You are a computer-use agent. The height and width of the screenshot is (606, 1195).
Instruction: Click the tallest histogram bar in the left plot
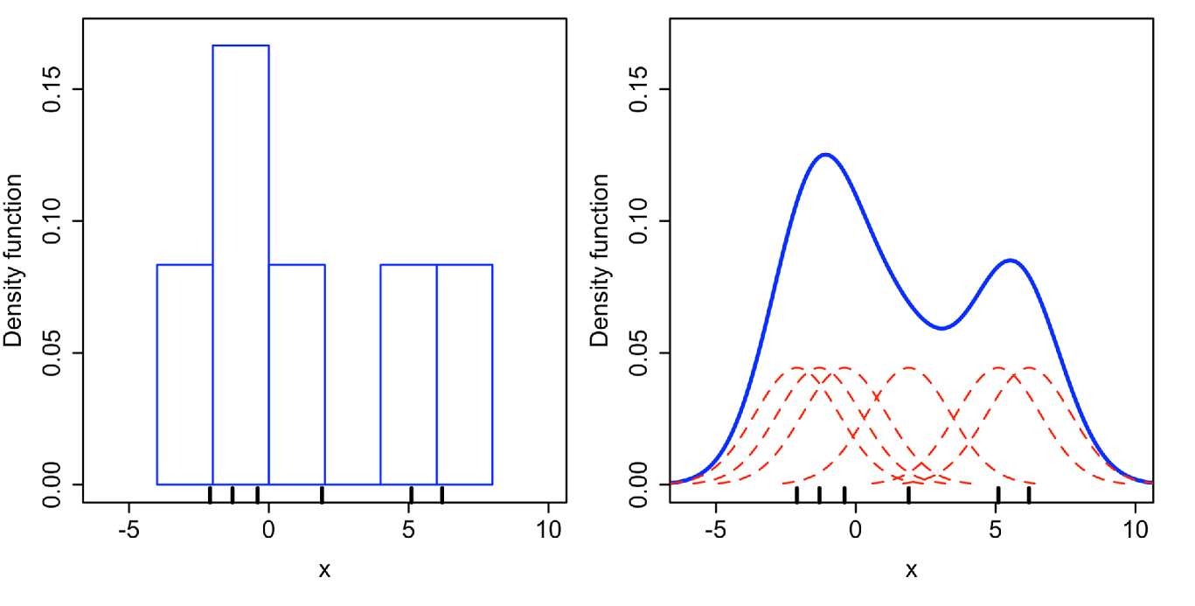[241, 262]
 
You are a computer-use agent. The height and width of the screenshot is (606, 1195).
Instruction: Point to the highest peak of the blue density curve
[824, 155]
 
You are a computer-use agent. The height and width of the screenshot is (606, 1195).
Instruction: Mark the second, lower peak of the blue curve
[1010, 261]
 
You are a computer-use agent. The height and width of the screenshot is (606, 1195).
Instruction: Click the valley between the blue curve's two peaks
[941, 328]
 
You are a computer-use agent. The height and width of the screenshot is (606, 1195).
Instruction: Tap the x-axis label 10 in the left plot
[548, 531]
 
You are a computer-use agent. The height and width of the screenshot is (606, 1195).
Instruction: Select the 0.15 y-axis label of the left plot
[54, 89]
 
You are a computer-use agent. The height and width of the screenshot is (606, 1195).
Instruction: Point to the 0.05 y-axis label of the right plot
[641, 352]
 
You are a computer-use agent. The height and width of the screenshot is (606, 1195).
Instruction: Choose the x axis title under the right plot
[911, 570]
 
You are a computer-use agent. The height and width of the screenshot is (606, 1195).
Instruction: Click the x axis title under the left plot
[324, 570]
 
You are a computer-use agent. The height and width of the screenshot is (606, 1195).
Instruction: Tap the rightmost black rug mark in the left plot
[442, 495]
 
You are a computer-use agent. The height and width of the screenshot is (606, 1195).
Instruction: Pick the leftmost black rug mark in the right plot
[796, 495]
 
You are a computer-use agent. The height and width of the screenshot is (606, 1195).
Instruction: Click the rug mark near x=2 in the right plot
[909, 495]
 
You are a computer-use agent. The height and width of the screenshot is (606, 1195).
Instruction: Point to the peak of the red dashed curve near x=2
[909, 368]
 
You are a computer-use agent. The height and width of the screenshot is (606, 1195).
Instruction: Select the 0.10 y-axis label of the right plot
[641, 220]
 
